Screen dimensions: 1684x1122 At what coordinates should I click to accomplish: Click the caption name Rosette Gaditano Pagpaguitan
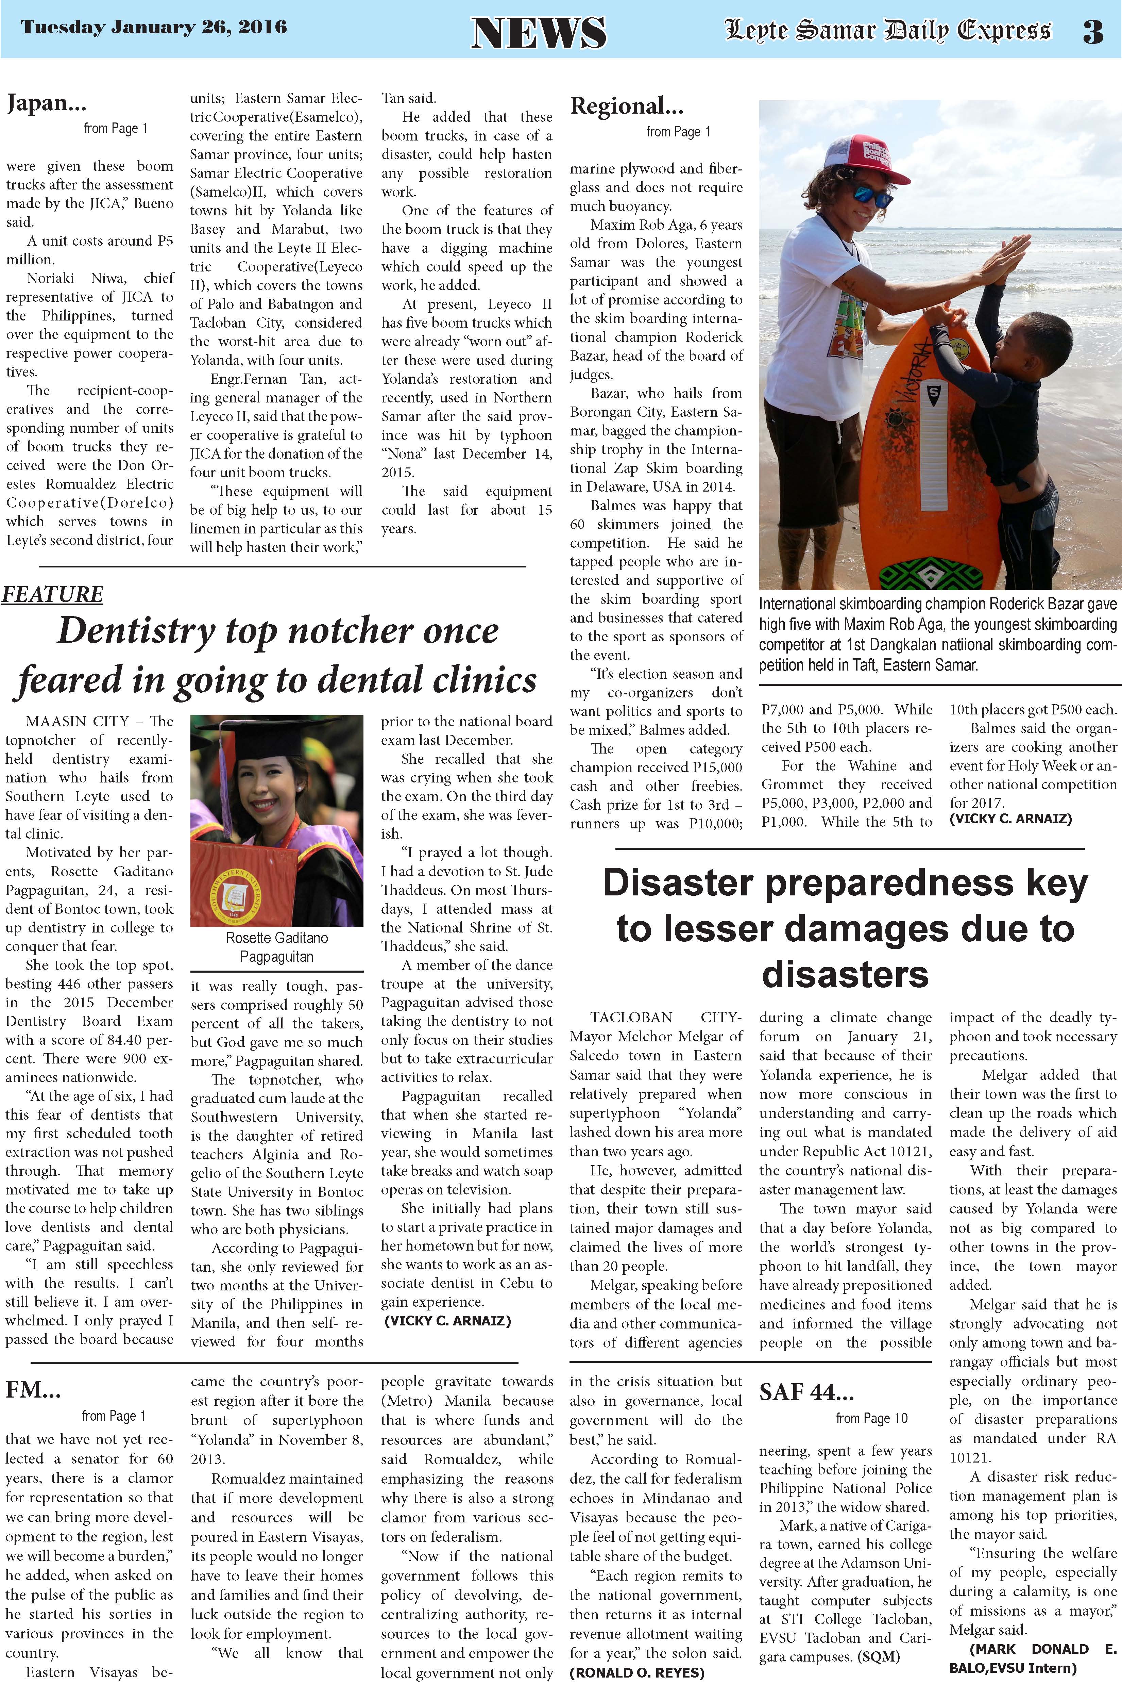[x=277, y=946]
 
